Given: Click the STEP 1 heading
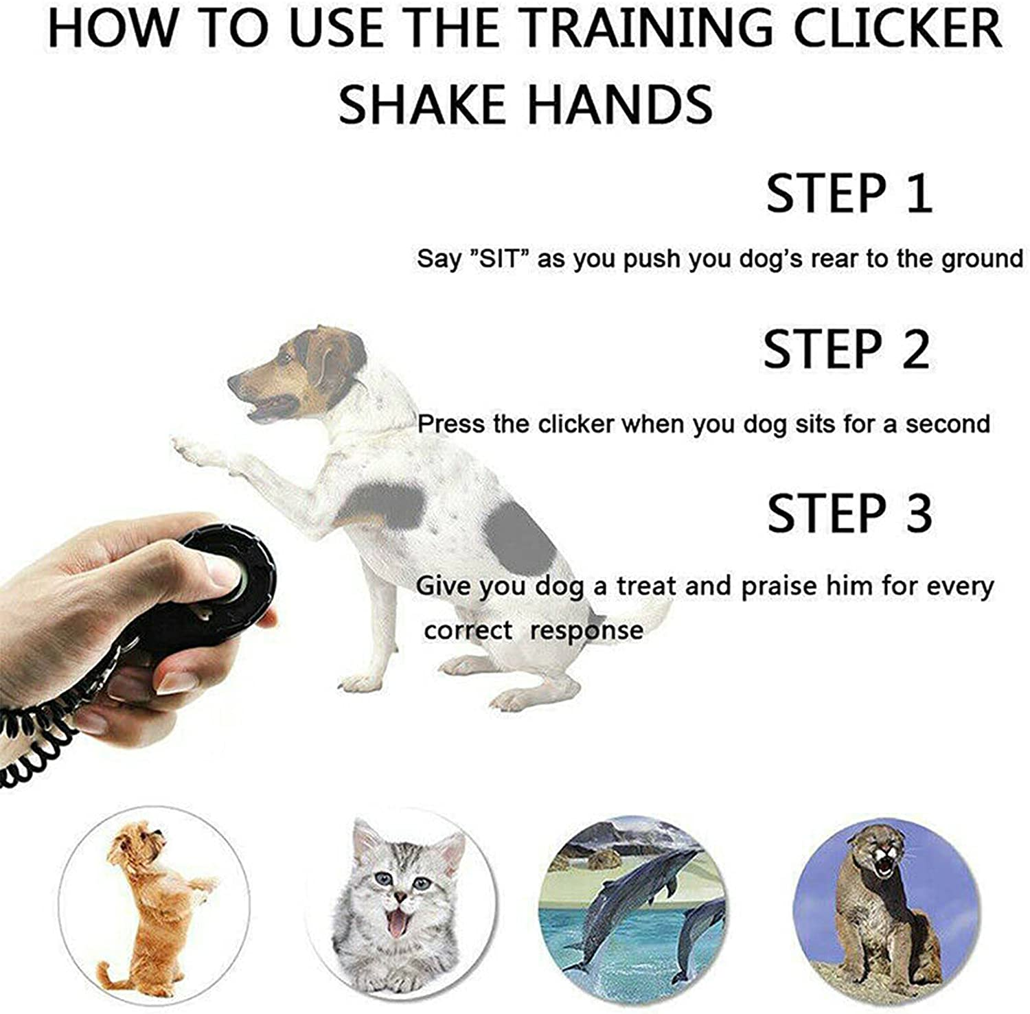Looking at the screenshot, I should [x=849, y=194].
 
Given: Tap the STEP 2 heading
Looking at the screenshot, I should [x=847, y=349].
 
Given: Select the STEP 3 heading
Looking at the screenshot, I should [x=849, y=513].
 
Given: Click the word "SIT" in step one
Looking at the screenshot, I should [x=499, y=260].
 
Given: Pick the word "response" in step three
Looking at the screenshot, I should [x=587, y=630].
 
